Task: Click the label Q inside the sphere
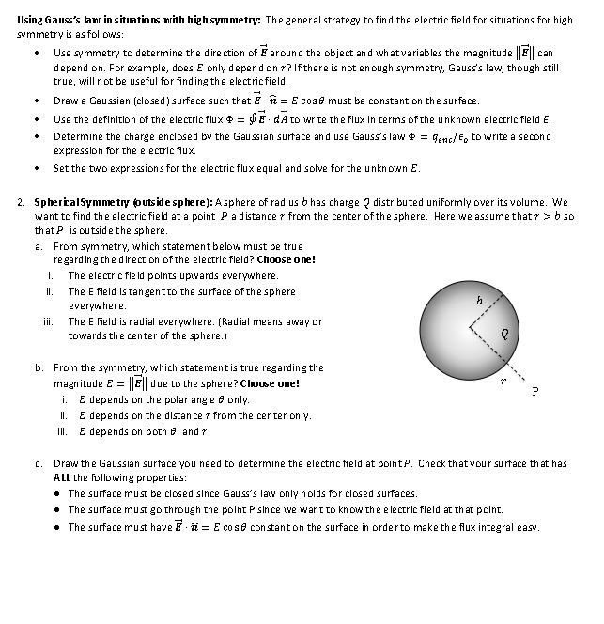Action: point(504,331)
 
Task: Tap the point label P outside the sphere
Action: point(534,392)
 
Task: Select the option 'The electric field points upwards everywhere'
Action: point(172,275)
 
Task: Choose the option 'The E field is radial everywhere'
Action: point(194,321)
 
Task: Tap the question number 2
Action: point(21,203)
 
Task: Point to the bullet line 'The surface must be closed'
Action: point(242,493)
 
